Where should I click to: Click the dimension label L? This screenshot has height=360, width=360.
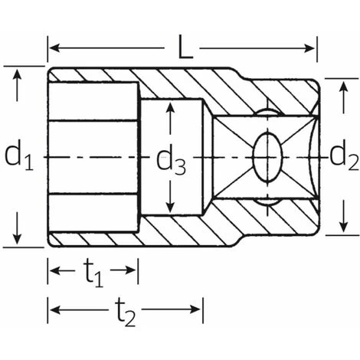click(x=185, y=47)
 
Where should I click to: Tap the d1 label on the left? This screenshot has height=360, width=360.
click(x=19, y=156)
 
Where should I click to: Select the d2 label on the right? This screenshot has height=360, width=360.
click(x=344, y=156)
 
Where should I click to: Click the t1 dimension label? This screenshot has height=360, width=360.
click(x=93, y=274)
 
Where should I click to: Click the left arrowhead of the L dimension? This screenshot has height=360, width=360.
click(x=54, y=47)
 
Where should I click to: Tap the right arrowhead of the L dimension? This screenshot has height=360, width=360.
click(x=310, y=47)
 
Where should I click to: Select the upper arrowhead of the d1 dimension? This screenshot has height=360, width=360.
click(x=17, y=74)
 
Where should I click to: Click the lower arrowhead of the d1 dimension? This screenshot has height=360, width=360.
click(x=17, y=239)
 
